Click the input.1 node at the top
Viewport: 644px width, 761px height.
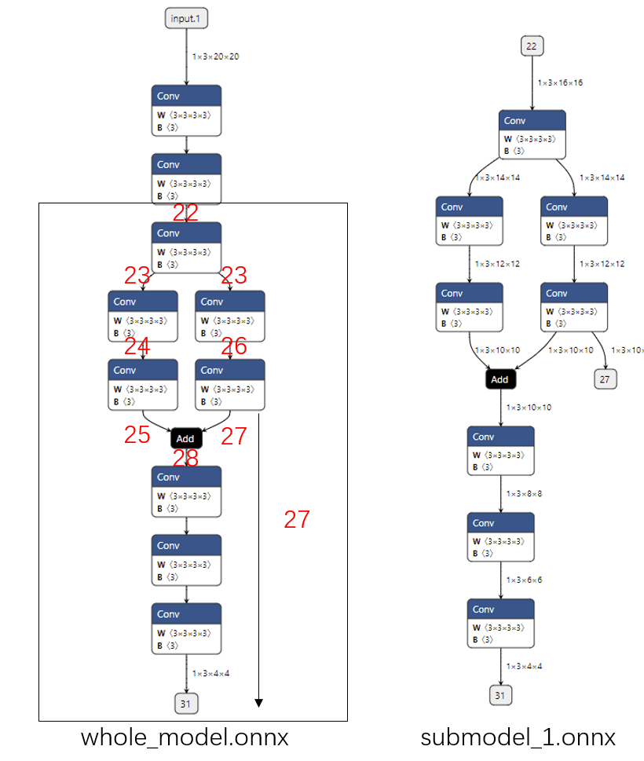(x=186, y=17)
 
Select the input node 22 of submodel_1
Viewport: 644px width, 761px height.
(x=532, y=46)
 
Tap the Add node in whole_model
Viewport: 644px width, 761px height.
(x=185, y=438)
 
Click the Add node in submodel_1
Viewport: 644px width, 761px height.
(x=499, y=379)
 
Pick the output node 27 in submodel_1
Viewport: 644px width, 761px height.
(x=605, y=379)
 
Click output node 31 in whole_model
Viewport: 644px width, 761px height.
(x=185, y=704)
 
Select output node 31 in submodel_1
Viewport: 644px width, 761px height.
(x=500, y=696)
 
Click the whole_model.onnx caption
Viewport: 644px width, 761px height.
(x=185, y=738)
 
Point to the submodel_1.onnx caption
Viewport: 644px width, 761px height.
(x=518, y=738)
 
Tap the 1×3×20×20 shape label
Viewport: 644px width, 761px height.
(x=216, y=57)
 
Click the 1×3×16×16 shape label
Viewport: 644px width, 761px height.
(x=560, y=82)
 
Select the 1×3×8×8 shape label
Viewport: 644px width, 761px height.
(x=524, y=493)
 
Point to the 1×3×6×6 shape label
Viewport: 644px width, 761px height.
(x=524, y=580)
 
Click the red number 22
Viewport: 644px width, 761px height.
(x=185, y=213)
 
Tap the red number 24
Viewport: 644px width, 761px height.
(x=137, y=346)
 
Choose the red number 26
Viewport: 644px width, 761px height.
(x=234, y=346)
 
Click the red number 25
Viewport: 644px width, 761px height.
(x=137, y=435)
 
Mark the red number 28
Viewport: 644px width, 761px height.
(x=185, y=458)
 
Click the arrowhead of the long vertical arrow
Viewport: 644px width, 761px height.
(x=258, y=703)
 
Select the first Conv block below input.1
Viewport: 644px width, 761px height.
(x=186, y=110)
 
